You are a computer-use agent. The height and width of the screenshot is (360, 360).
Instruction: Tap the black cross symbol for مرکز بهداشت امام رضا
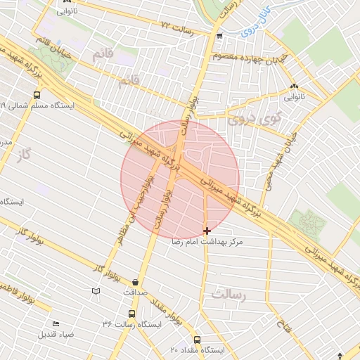[x=207, y=231]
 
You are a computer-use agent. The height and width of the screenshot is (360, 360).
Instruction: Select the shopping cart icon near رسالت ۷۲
[x=220, y=35]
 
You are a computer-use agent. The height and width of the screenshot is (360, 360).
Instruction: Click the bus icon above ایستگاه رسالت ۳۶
[x=131, y=314]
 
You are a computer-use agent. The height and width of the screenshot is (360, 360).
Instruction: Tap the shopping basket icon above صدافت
[x=135, y=282]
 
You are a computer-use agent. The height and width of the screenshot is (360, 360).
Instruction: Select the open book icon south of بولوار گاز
[x=96, y=291]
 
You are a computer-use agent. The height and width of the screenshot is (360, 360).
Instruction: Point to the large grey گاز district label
[x=26, y=153]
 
